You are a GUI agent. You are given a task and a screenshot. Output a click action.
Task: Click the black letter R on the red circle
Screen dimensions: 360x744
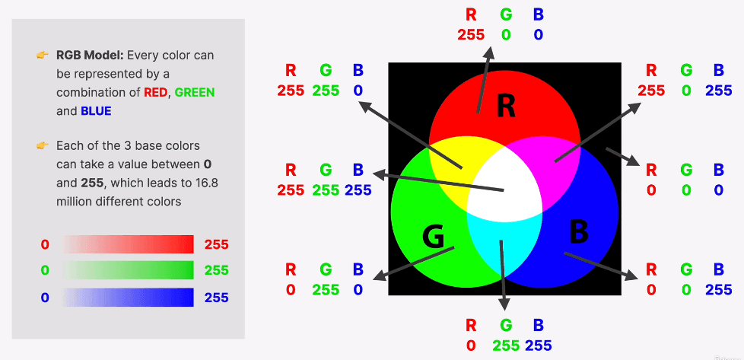pyautogui.click(x=506, y=107)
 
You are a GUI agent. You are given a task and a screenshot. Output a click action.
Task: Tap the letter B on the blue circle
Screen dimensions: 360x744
pyautogui.click(x=578, y=231)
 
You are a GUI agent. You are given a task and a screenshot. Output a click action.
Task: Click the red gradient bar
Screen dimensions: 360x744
pyautogui.click(x=129, y=244)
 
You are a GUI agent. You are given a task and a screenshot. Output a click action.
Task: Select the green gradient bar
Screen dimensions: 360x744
pyautogui.click(x=129, y=270)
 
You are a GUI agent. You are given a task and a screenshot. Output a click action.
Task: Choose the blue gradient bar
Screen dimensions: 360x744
pyautogui.click(x=129, y=297)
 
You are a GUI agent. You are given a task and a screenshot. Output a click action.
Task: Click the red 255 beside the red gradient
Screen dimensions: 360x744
pyautogui.click(x=216, y=244)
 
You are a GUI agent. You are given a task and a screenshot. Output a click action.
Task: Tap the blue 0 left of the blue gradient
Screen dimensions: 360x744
pyautogui.click(x=45, y=297)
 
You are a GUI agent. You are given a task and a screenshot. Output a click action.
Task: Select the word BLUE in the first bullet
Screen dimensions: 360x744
pyautogui.click(x=96, y=110)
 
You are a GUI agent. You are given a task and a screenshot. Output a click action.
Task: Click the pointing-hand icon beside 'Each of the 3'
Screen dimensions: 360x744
pyautogui.click(x=43, y=145)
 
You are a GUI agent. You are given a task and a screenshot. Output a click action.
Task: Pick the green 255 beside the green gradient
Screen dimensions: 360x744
pyautogui.click(x=216, y=270)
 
